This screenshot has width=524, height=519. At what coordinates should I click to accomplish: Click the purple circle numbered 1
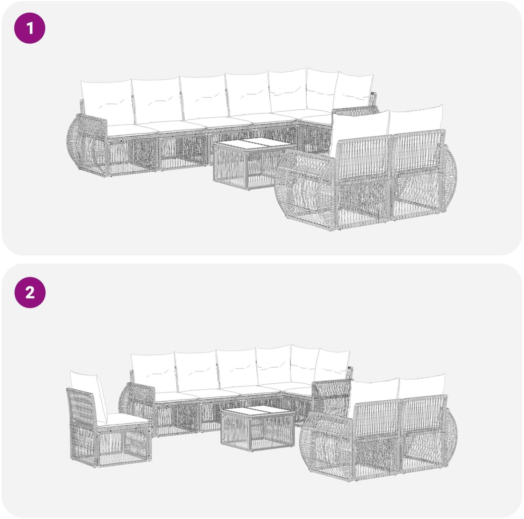[30, 28]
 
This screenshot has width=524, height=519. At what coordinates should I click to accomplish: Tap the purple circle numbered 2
[30, 292]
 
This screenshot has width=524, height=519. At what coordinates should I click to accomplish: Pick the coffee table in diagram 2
[257, 428]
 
